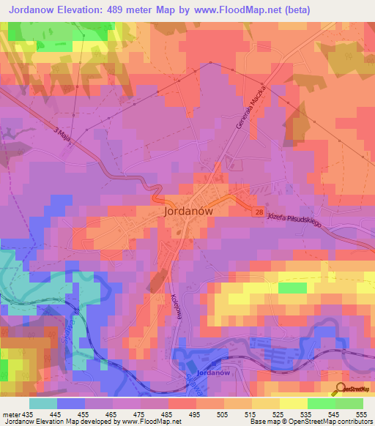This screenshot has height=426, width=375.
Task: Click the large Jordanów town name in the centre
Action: click(189, 209)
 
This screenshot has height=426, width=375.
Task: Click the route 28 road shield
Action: click(259, 212)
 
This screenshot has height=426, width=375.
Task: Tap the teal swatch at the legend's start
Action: click(43, 403)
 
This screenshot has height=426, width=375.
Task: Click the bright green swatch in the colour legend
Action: click(322, 403)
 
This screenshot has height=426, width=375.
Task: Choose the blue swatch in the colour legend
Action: click(71, 403)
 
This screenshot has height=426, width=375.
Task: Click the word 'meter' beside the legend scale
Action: click(10, 415)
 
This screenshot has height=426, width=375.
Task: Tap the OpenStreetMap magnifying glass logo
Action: click(341, 389)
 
